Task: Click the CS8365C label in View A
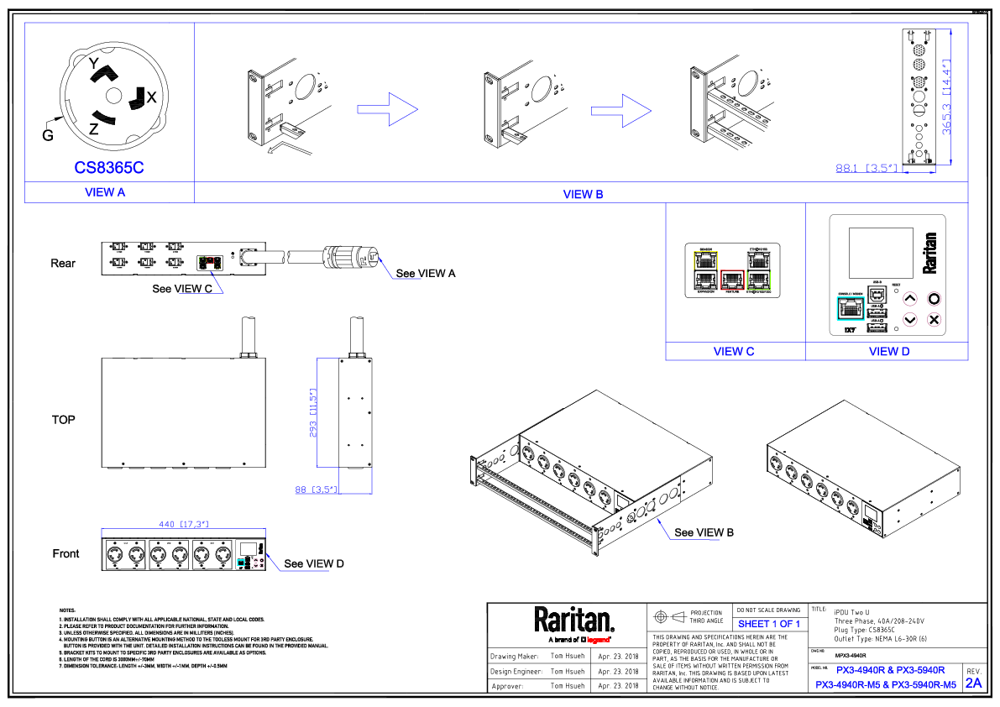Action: click(x=109, y=168)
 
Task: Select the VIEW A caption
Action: click(x=105, y=192)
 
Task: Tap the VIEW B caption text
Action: click(x=583, y=195)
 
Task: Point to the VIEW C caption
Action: click(x=734, y=352)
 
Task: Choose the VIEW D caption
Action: click(x=889, y=352)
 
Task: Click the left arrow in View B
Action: click(x=388, y=109)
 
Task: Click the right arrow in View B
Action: click(x=621, y=111)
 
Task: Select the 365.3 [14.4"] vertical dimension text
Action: click(x=946, y=97)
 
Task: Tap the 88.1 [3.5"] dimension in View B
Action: click(x=868, y=169)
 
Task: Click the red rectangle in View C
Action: click(x=732, y=280)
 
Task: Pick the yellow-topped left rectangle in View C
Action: click(x=705, y=270)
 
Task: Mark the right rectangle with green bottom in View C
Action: click(x=758, y=270)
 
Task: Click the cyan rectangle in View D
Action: click(x=851, y=308)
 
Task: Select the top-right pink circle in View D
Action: click(x=934, y=299)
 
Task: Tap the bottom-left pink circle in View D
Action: click(x=909, y=320)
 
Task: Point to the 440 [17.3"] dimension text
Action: click(x=183, y=525)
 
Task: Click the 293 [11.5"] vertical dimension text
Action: click(x=313, y=413)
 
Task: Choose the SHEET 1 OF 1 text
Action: click(x=768, y=625)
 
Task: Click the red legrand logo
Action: click(x=598, y=640)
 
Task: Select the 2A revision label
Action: click(x=973, y=683)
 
